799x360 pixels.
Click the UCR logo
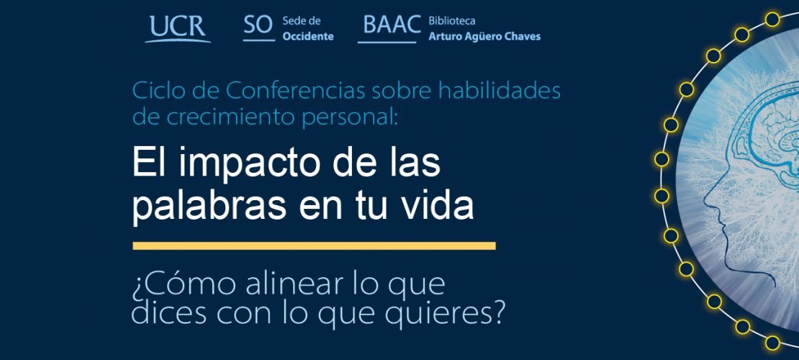coord(178,29)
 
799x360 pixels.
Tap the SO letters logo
coord(259,27)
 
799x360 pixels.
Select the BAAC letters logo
coord(390,29)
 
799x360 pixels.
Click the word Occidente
coord(308,37)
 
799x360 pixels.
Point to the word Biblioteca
coord(452,22)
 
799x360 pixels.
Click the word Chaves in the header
coord(521,37)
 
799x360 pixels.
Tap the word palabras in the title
coord(215,205)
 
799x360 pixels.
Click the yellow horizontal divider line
coord(314,246)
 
